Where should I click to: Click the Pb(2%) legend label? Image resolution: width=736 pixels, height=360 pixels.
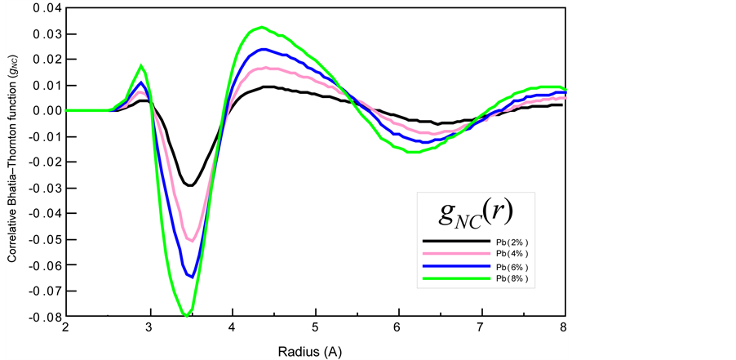point(515,242)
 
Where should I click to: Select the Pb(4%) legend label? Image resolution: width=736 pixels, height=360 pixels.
point(515,255)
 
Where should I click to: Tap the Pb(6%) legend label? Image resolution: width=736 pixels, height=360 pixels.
point(515,267)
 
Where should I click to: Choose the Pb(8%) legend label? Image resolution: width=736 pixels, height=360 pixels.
point(515,279)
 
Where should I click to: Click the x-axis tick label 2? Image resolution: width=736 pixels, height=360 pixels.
point(66,330)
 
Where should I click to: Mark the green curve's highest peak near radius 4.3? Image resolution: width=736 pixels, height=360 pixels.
point(260,27)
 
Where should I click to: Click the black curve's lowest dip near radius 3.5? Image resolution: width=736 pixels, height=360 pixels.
point(190,185)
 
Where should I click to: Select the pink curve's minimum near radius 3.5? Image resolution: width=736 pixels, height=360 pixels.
point(191,241)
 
